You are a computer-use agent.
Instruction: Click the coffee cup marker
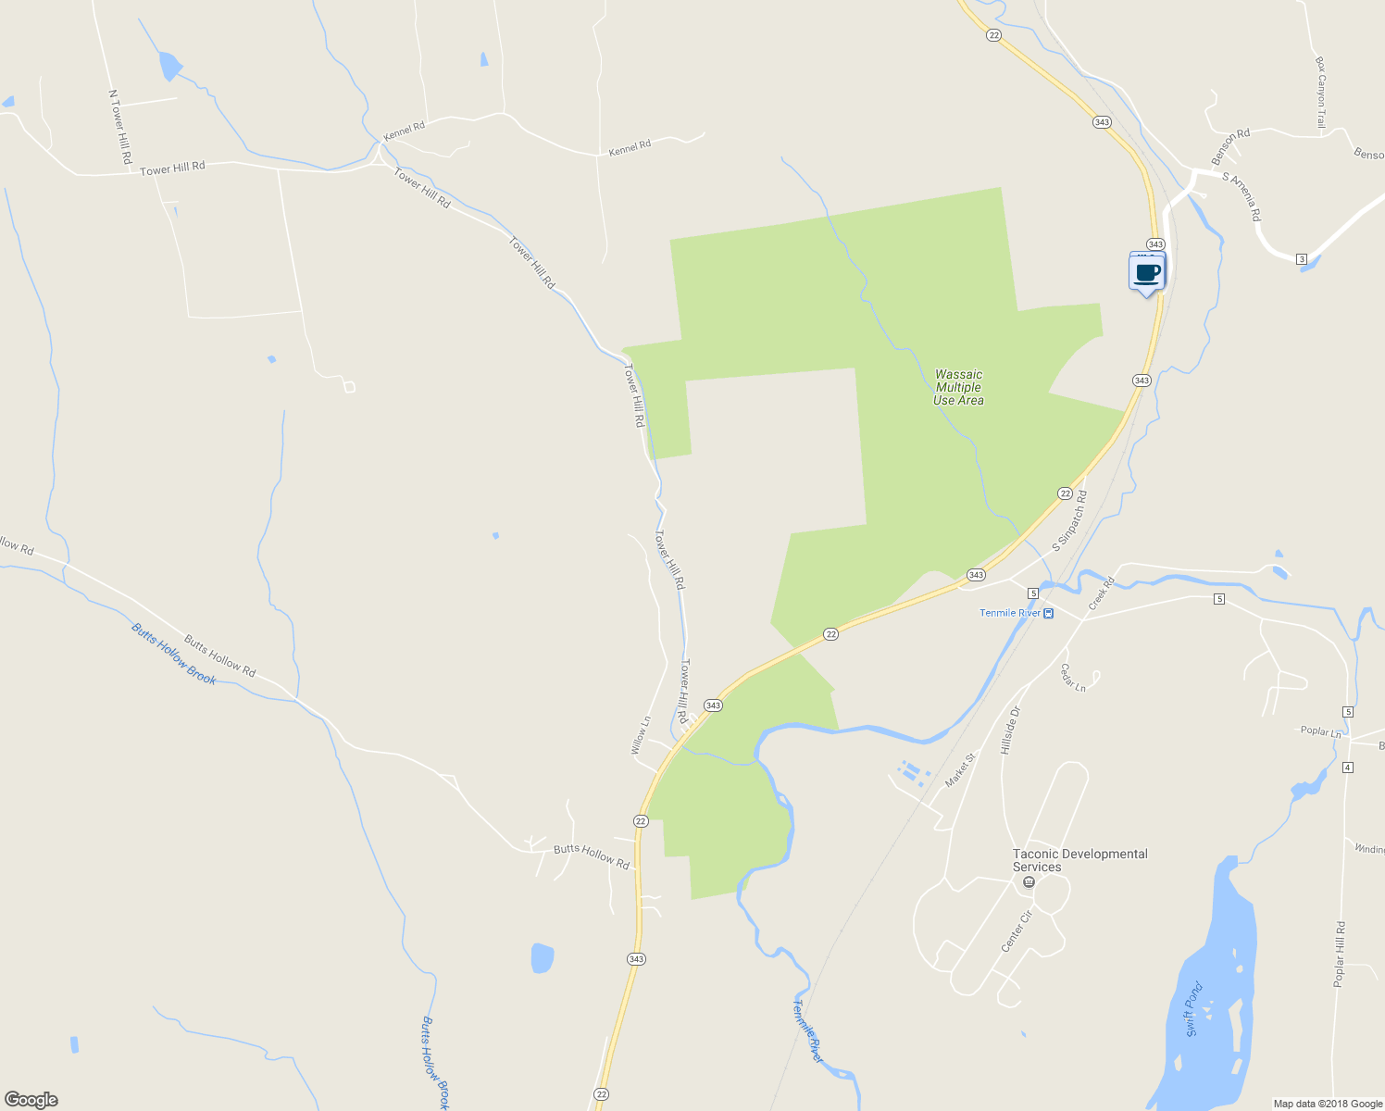tap(1147, 273)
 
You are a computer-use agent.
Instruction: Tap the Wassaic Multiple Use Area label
tap(958, 388)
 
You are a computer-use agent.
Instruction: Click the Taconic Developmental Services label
tap(1079, 860)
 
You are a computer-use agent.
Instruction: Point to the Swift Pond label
tap(1193, 1009)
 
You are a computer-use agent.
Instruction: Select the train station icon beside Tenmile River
tap(1048, 614)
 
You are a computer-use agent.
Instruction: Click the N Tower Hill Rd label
tap(119, 128)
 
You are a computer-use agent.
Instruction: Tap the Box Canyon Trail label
tap(1321, 93)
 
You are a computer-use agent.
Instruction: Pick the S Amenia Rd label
tap(1242, 196)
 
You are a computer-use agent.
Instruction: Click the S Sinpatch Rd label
tap(1070, 522)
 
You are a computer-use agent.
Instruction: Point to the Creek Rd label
tap(1102, 593)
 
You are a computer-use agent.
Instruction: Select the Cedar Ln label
tap(1073, 677)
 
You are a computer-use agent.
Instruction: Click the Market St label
tap(960, 771)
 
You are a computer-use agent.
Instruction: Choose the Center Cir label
tap(1017, 931)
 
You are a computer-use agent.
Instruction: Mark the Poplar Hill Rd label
tap(1339, 955)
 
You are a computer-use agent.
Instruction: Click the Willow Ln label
tap(640, 735)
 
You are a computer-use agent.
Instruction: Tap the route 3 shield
tap(1302, 259)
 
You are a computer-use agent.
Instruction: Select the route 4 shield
tap(1347, 768)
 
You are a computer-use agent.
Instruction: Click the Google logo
tap(31, 1100)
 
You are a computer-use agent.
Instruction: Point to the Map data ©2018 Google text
tap(1327, 1104)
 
